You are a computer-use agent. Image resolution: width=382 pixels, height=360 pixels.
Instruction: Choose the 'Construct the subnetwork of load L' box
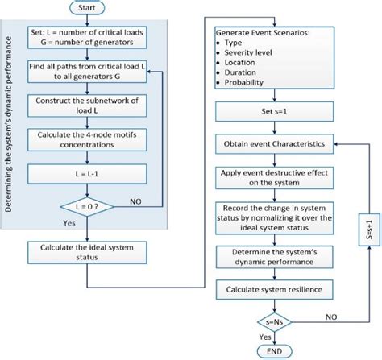88,105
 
